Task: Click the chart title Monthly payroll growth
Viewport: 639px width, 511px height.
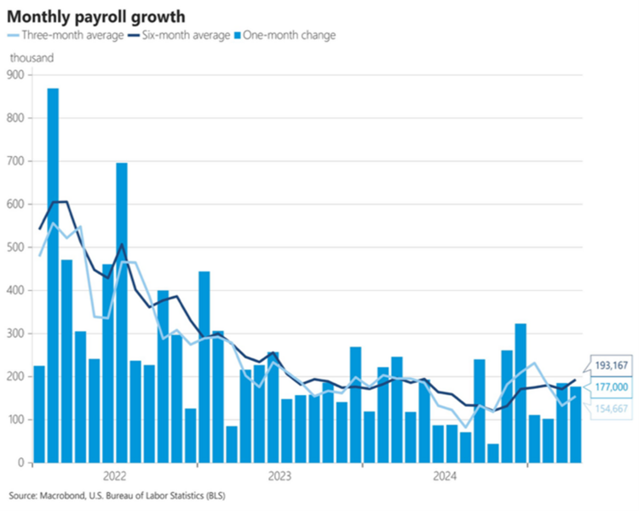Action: click(95, 16)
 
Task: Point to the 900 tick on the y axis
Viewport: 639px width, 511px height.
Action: click(16, 74)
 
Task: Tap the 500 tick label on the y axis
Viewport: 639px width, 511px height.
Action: click(16, 247)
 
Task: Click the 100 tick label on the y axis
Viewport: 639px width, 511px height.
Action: click(16, 420)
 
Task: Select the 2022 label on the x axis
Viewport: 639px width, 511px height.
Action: click(114, 474)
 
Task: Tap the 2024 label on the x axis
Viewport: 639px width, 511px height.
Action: click(445, 474)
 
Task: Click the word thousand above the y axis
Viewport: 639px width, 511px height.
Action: click(32, 57)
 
